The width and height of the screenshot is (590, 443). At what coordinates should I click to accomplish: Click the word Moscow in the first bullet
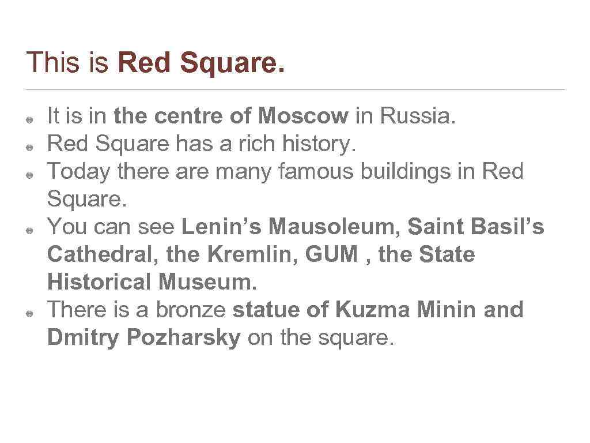coord(303,117)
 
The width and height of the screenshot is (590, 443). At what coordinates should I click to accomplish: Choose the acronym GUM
coord(332,255)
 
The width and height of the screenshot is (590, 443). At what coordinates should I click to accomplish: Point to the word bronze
coord(192,310)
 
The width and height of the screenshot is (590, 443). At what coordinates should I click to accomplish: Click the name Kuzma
coord(372,310)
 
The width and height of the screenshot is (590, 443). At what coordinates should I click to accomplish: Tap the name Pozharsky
coord(183,338)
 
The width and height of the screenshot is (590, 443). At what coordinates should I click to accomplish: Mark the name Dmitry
coord(84,338)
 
